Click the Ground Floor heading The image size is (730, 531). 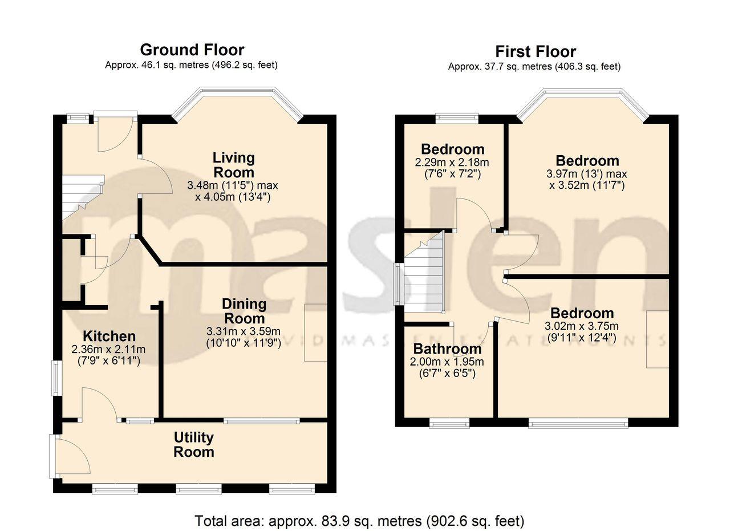point(192,50)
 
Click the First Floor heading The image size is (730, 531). point(535,51)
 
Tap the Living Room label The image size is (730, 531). point(233,164)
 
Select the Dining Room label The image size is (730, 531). point(244,311)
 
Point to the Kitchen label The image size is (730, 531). point(109,336)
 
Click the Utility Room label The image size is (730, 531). point(194,445)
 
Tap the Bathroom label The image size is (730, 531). point(447,349)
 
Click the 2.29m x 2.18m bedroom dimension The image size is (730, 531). point(452,163)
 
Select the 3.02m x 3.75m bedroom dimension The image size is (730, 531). point(582,326)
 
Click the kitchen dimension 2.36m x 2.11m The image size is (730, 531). point(109,349)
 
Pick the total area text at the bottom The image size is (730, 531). point(359,521)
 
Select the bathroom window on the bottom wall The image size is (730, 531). point(449,423)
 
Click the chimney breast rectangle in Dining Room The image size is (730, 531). point(315,333)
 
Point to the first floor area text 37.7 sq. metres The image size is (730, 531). point(534,67)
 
